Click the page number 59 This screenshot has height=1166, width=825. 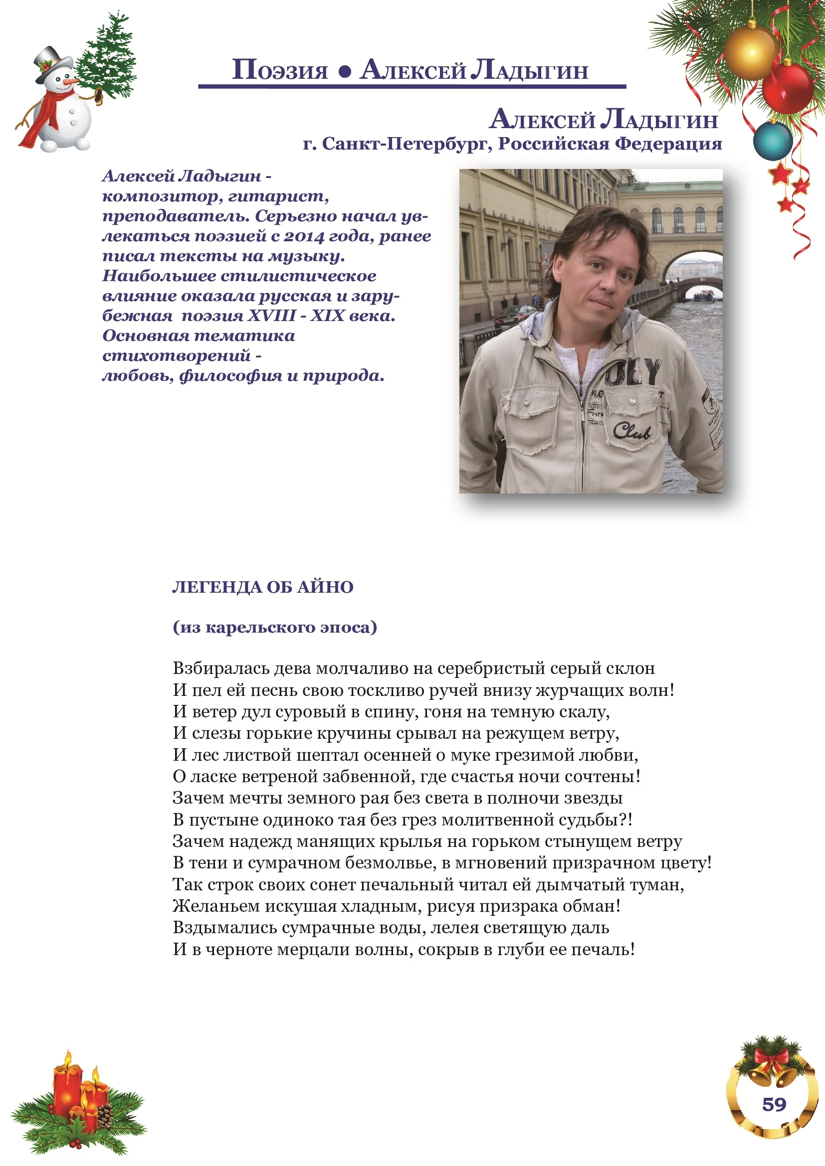pos(774,1105)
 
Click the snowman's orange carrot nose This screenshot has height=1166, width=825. pos(71,81)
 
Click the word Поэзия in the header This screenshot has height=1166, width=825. pos(280,71)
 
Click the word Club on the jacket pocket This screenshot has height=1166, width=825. pos(631,431)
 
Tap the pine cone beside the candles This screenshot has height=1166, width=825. pos(105,1116)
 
